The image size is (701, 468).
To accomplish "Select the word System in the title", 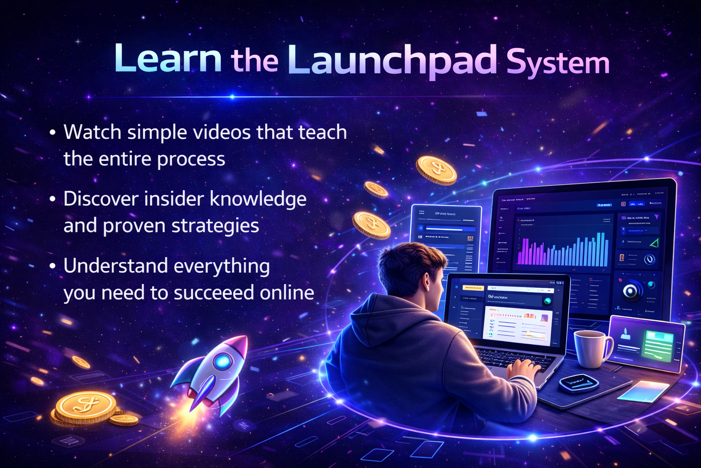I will pos(558,63).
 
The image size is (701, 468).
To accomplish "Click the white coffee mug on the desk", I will pos(591,348).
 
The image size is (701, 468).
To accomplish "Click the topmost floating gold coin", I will pos(436,170).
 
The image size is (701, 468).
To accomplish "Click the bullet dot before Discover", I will pos(53,199).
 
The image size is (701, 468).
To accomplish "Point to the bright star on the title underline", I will pos(232,97).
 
